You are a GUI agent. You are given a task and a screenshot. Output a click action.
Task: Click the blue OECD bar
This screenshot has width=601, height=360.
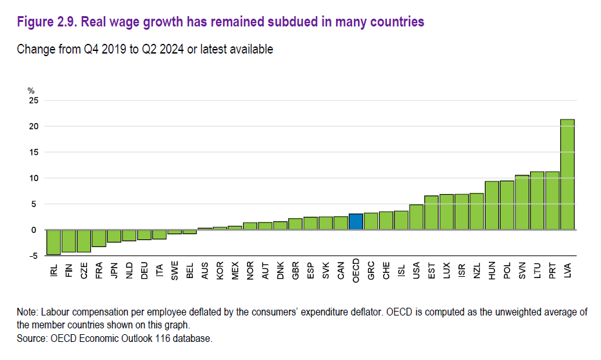pyautogui.click(x=356, y=222)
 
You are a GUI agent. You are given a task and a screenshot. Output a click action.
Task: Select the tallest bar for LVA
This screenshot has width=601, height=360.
pyautogui.click(x=567, y=174)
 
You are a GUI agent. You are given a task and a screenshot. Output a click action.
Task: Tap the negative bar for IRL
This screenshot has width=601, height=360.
pyautogui.click(x=54, y=242)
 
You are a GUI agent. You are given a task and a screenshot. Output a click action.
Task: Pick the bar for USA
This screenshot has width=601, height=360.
pyautogui.click(x=417, y=217)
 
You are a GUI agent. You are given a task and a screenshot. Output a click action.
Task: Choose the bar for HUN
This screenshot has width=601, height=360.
pyautogui.click(x=492, y=206)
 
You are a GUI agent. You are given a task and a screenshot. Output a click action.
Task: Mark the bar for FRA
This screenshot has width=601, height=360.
pyautogui.click(x=99, y=238)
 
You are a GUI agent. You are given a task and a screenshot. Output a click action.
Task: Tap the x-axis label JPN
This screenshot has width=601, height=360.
pyautogui.click(x=114, y=270)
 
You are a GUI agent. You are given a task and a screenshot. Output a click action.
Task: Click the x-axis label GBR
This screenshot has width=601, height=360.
pyautogui.click(x=295, y=270)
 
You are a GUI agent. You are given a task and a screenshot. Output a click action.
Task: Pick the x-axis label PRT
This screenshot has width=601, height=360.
pyautogui.click(x=553, y=270)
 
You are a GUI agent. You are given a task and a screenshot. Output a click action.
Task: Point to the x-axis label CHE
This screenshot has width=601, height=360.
pyautogui.click(x=386, y=270)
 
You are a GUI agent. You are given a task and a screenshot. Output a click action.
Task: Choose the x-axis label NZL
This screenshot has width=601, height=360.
pyautogui.click(x=477, y=270)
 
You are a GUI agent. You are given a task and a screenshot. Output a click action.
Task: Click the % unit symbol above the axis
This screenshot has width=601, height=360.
pyautogui.click(x=30, y=90)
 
